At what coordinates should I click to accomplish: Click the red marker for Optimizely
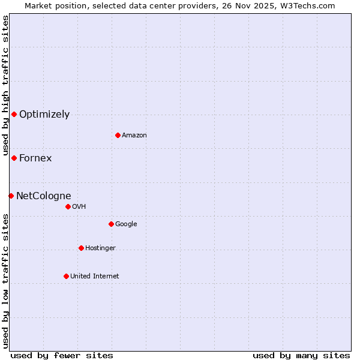point(14,114)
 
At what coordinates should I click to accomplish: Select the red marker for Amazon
point(118,135)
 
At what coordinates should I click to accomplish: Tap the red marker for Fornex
point(14,158)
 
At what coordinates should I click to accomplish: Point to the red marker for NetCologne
point(11,196)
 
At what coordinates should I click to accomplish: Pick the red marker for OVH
point(68,206)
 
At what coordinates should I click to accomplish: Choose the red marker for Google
point(111,224)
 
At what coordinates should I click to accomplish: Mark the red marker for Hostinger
point(81,248)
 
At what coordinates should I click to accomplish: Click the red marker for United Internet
point(66,276)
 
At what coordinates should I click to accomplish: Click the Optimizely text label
point(44,115)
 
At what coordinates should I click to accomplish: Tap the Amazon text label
point(134,136)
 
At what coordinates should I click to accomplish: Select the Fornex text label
point(35,158)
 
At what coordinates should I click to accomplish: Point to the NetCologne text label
point(44,196)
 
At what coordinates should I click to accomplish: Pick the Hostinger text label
point(100,248)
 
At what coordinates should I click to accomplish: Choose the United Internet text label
point(95,276)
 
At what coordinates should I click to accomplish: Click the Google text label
point(126,224)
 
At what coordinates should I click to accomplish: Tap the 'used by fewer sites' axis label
point(62,355)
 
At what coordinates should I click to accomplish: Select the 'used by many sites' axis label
point(301,355)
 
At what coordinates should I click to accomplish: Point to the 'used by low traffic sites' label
point(5,280)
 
